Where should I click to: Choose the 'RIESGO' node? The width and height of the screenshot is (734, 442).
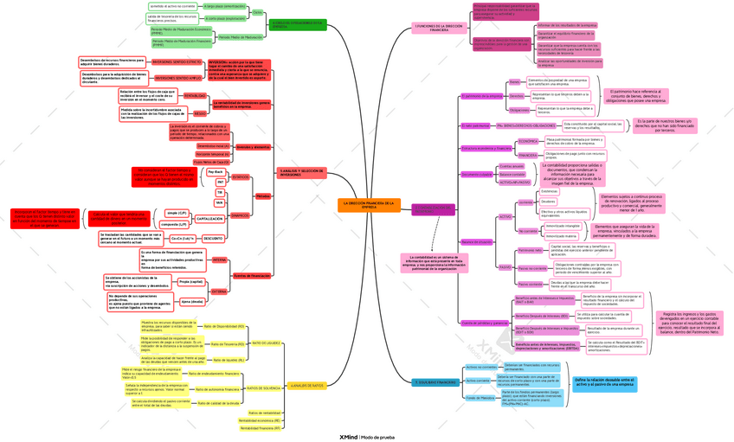point(199,112)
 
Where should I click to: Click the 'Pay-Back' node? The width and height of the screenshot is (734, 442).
point(216,172)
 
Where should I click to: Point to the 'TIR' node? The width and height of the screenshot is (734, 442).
point(220,192)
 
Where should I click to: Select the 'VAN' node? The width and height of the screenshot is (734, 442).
point(219,202)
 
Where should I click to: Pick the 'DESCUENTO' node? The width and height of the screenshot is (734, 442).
point(213,237)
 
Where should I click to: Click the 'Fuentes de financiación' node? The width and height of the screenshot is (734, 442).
point(252,275)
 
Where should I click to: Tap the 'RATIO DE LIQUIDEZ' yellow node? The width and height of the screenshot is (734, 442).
point(266,343)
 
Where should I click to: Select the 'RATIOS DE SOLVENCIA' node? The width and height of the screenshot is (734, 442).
point(263,388)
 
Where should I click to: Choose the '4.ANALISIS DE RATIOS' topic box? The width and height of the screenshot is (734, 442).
point(306,385)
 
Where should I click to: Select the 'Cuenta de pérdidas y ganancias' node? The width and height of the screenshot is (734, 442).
point(485,323)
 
